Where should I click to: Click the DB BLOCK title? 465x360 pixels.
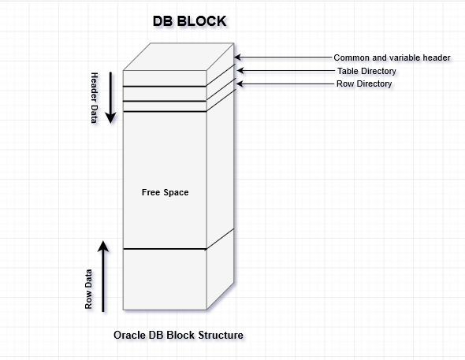tap(189, 22)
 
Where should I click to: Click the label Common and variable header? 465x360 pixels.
tap(392, 58)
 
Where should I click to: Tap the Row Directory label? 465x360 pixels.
tap(364, 84)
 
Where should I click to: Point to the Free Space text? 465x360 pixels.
tap(165, 192)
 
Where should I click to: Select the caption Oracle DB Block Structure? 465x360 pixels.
tap(178, 336)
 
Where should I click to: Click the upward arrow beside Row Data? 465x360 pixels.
tap(103, 276)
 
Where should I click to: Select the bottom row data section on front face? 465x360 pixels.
tap(165, 279)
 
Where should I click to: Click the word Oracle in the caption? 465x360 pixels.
tap(130, 336)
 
